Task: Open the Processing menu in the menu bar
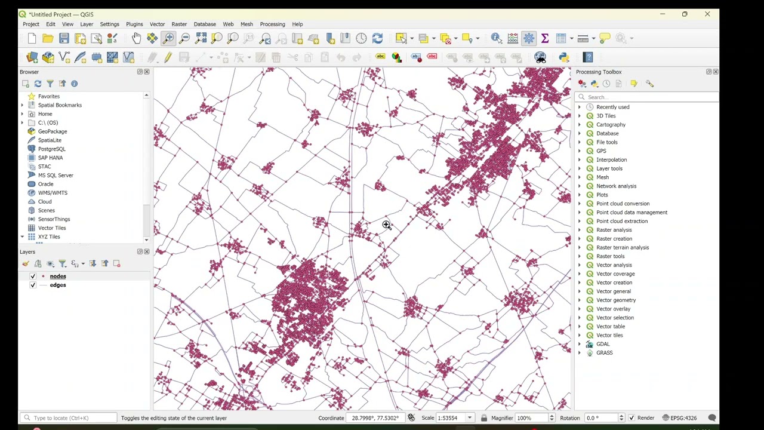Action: (x=272, y=24)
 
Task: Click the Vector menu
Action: (x=157, y=24)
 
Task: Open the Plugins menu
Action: (x=134, y=24)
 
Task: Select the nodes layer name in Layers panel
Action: (x=58, y=276)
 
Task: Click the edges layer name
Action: (x=58, y=285)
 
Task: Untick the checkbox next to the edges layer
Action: (x=33, y=285)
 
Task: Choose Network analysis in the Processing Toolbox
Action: (x=616, y=186)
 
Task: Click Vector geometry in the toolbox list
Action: (x=616, y=300)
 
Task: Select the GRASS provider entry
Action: (x=604, y=352)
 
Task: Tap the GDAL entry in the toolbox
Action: (x=603, y=344)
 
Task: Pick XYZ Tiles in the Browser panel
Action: (x=49, y=236)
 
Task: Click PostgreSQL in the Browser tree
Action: (x=52, y=149)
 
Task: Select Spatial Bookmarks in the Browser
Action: (x=60, y=105)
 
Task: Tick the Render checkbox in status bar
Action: (x=631, y=418)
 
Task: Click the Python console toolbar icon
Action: (x=563, y=57)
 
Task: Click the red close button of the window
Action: (x=707, y=14)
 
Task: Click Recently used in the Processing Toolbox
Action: (x=612, y=107)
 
